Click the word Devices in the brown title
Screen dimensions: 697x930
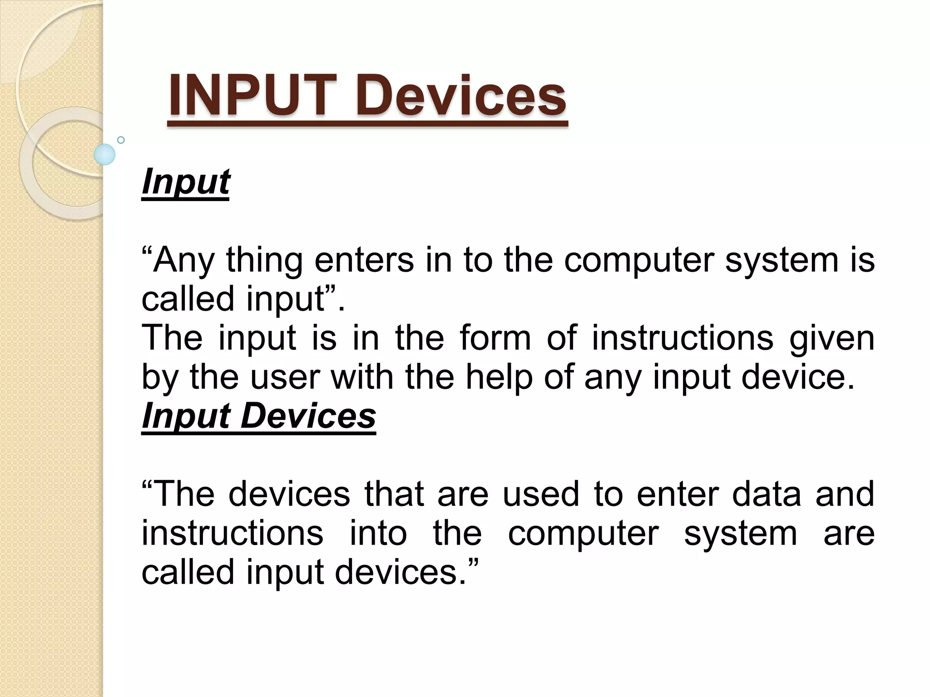pos(460,96)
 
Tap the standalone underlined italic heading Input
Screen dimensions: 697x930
pos(186,182)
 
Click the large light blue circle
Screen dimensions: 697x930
pos(104,154)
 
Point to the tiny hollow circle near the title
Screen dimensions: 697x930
pos(121,140)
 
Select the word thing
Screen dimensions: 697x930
pos(264,260)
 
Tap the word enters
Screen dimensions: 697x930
pos(364,260)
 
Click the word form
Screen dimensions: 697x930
pos(495,338)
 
